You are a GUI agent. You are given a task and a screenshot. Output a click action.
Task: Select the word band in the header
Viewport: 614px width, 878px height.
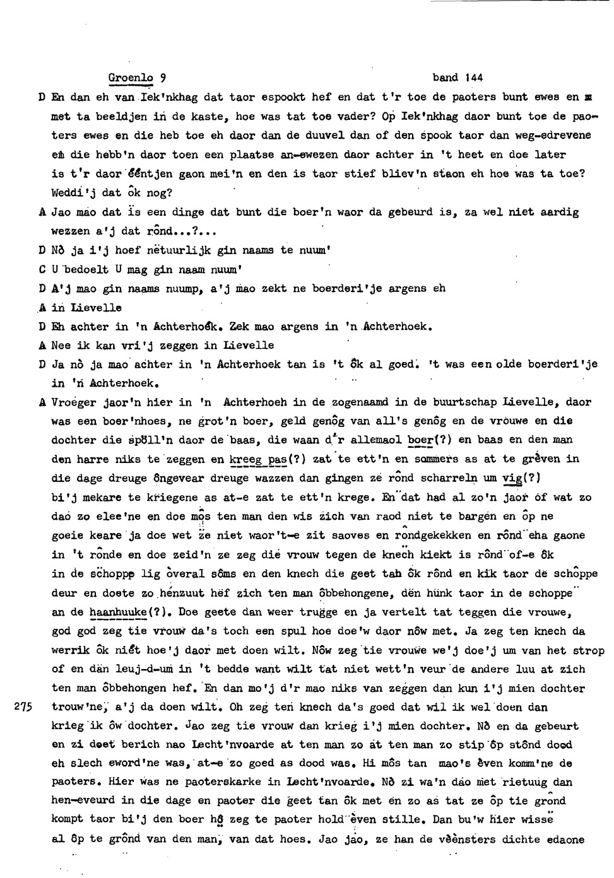tap(446, 78)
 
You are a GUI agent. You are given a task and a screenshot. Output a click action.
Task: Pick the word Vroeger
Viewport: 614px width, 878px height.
tap(76, 402)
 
